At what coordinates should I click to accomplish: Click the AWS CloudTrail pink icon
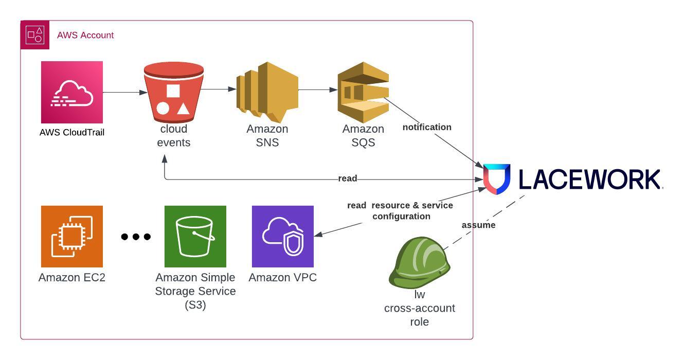[x=72, y=92]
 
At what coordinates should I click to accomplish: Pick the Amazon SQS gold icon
[x=363, y=92]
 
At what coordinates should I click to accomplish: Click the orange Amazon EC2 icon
[x=72, y=236]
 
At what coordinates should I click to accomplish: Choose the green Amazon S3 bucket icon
[x=195, y=236]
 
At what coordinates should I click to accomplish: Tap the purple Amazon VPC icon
[x=282, y=236]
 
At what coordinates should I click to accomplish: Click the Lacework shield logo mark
[x=496, y=179]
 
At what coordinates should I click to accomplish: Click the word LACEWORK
[x=589, y=179]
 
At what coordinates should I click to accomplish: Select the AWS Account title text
[x=85, y=35]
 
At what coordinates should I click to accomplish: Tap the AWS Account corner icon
[x=35, y=35]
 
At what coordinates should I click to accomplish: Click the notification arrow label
[x=427, y=127]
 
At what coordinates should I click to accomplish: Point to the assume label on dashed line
[x=478, y=225]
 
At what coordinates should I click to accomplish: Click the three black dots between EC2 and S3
[x=136, y=237]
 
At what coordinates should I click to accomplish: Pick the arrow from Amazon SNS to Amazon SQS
[x=317, y=89]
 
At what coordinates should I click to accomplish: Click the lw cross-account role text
[x=419, y=309]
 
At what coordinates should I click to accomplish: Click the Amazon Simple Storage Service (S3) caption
[x=195, y=291]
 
